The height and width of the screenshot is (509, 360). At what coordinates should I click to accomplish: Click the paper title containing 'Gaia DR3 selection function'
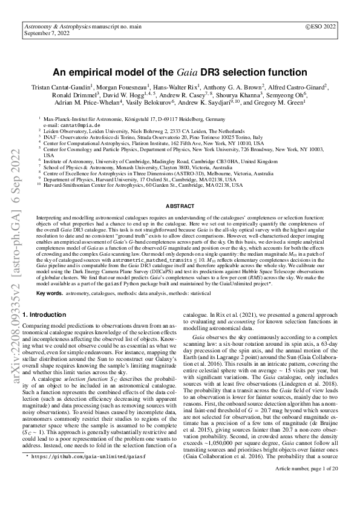180,71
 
